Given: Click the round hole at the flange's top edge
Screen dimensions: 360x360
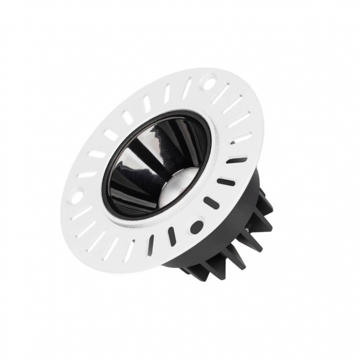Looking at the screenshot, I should pos(210,79).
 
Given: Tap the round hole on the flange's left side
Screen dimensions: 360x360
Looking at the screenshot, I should pos(77,197).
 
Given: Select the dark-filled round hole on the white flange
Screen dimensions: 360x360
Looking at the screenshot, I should pos(196,227).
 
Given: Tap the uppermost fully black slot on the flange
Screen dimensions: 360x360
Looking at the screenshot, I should pos(237,161).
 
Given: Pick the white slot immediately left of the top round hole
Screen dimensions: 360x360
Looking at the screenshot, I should pos(187,88).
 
